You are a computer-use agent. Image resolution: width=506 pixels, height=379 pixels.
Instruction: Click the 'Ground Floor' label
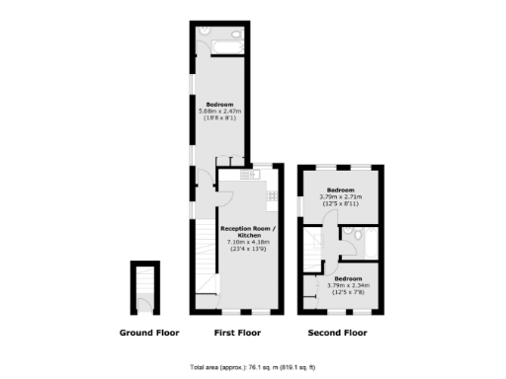pyautogui.click(x=149, y=334)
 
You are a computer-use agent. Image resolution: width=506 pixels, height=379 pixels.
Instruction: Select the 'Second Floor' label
pyautogui.click(x=337, y=334)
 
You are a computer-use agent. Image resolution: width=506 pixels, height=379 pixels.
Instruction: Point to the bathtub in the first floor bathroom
pyautogui.click(x=218, y=41)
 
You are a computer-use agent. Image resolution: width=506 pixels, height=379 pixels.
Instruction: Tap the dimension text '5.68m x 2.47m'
pyautogui.click(x=219, y=112)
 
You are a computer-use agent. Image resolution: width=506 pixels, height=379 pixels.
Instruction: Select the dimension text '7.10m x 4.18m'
pyautogui.click(x=249, y=242)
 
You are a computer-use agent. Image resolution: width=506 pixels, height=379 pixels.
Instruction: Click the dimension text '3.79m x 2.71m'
pyautogui.click(x=341, y=196)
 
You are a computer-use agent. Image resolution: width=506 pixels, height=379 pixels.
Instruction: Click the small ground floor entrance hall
pyautogui.click(x=144, y=287)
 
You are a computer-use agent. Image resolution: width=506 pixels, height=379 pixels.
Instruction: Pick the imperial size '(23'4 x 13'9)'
pyautogui.click(x=249, y=248)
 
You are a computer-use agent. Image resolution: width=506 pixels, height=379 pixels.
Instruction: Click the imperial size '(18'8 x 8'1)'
pyautogui.click(x=219, y=118)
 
